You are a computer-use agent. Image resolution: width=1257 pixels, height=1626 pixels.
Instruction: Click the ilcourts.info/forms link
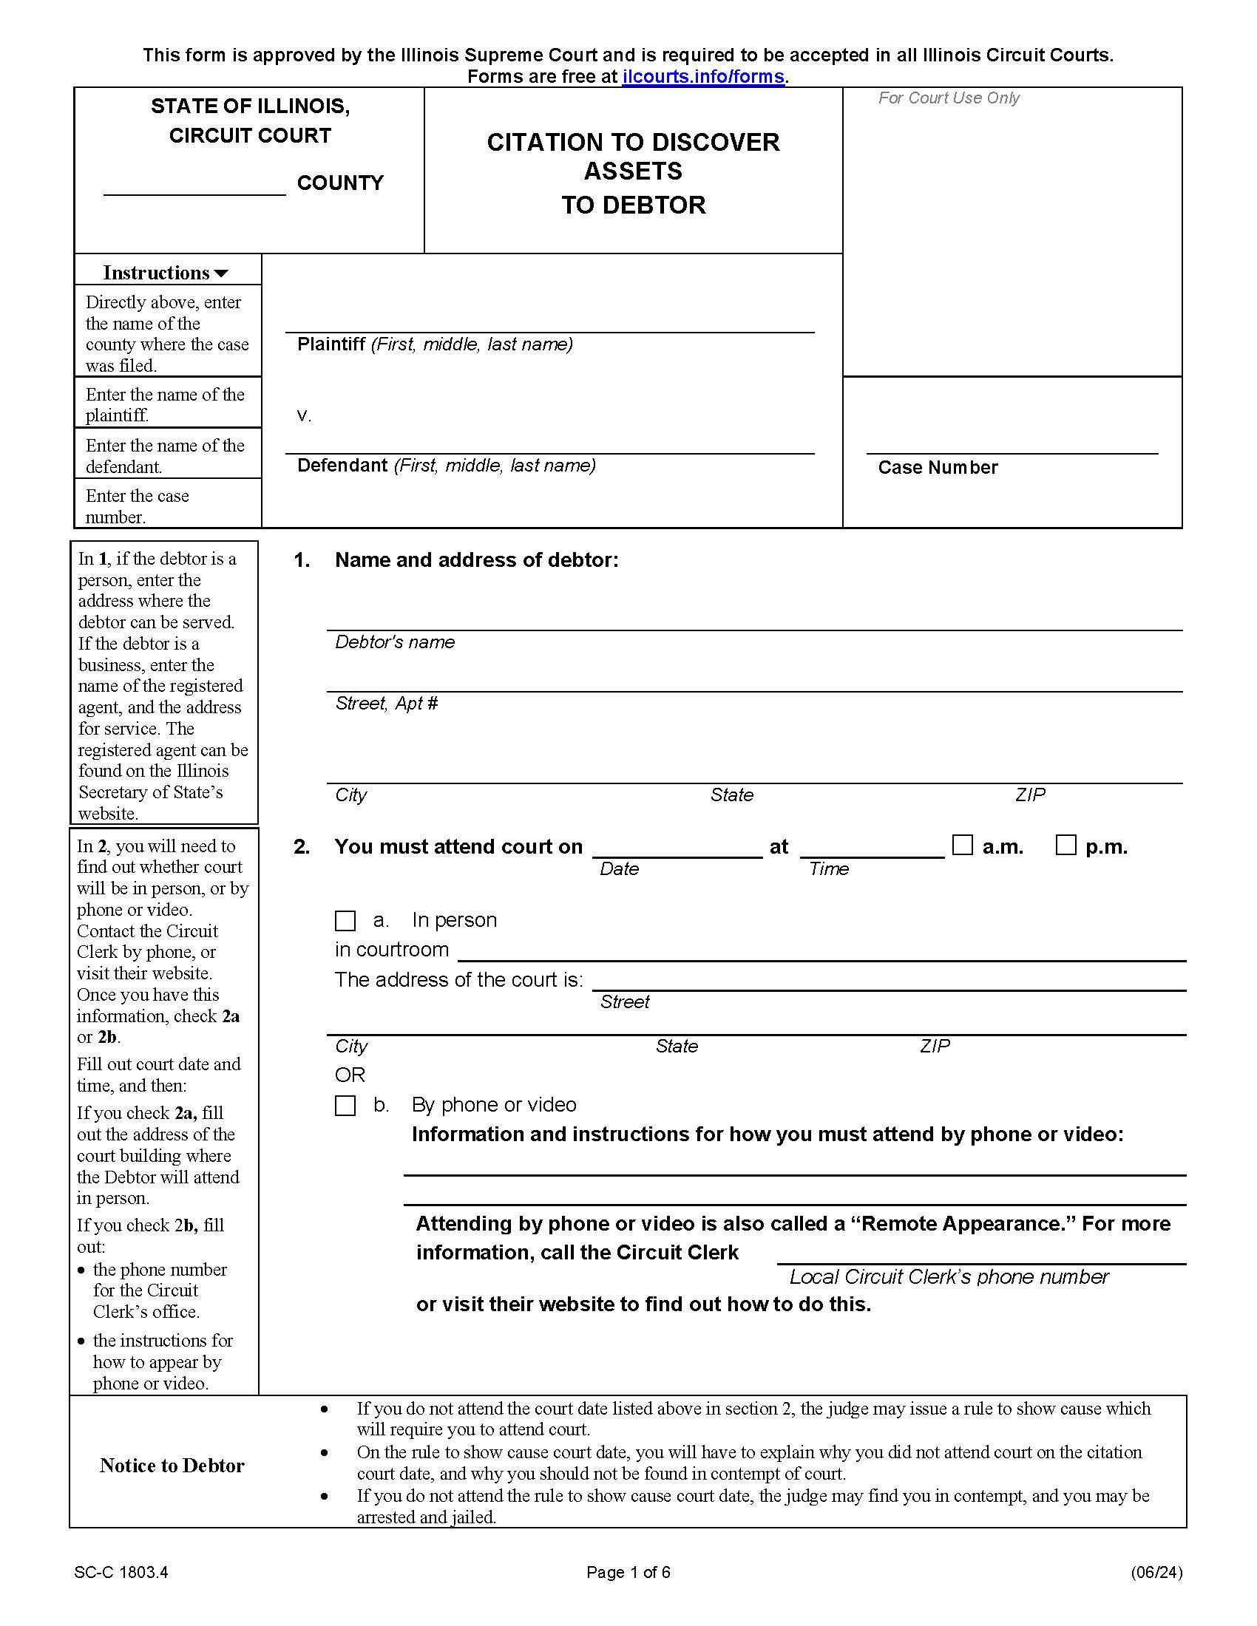tap(703, 77)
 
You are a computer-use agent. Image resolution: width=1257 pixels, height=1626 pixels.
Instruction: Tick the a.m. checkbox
tap(963, 845)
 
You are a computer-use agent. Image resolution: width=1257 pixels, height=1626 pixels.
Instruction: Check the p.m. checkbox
tap(1065, 845)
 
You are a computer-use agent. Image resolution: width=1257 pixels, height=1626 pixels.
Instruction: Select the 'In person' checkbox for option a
tap(345, 921)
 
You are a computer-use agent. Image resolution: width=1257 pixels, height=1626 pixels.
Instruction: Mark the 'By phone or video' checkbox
tap(345, 1106)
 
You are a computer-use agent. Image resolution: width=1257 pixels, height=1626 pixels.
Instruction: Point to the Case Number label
tap(938, 468)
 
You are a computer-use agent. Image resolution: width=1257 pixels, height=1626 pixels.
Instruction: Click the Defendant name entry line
tap(549, 444)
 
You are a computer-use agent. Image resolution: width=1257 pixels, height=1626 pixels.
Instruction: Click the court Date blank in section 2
tap(677, 849)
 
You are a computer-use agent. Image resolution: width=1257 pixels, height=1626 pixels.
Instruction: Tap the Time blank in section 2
tap(872, 849)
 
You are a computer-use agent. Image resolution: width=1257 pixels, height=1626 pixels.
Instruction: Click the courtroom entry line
tap(821, 952)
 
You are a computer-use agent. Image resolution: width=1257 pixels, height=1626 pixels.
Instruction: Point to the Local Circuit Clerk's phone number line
tap(980, 1255)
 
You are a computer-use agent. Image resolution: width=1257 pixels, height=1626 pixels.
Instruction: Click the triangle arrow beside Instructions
tap(221, 274)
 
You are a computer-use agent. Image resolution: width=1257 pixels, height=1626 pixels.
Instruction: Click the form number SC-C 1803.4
tap(121, 1572)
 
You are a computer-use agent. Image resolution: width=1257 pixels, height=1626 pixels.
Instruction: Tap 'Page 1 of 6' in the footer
tap(628, 1572)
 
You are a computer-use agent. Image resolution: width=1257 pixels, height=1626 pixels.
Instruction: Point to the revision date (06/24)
tap(1156, 1572)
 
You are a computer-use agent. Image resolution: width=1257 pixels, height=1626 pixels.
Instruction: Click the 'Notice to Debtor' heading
tap(172, 1465)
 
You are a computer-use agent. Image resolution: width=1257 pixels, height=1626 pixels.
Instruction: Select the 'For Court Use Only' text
tap(948, 98)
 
